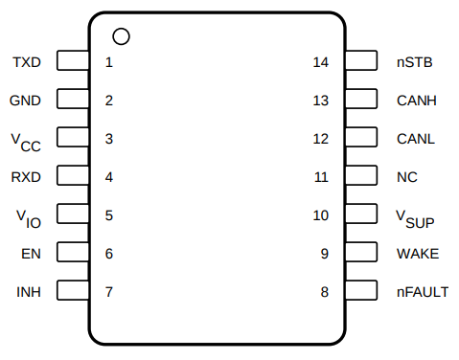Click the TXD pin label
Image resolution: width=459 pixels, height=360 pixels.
coord(27,62)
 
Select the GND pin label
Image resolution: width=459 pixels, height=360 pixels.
coord(26,101)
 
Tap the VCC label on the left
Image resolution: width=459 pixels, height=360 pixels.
coord(27,141)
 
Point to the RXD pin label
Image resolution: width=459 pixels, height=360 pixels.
coord(27,177)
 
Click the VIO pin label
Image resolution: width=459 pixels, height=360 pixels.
coord(29,217)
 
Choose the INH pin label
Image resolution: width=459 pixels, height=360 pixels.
coord(31,254)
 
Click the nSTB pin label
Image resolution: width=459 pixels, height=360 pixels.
coord(28,292)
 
